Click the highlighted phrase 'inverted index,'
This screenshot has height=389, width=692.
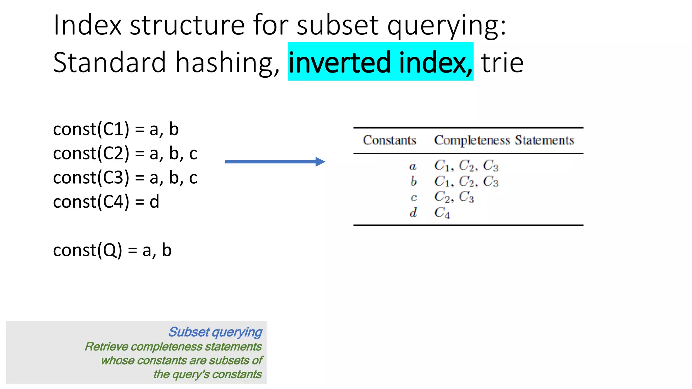380,62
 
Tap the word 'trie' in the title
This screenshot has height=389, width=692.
502,63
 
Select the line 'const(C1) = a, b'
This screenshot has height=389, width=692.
116,129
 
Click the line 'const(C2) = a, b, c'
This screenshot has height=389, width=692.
125,154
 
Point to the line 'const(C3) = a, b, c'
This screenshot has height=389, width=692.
125,178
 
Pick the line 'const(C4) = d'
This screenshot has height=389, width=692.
106,202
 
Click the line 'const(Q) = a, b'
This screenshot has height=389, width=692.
112,251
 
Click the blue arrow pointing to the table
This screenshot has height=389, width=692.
275,162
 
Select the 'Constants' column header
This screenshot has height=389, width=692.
389,140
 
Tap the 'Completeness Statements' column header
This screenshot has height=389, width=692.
504,140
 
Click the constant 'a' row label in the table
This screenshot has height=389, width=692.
413,166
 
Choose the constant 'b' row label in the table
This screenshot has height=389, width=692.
413,181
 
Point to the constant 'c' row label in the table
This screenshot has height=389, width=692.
413,198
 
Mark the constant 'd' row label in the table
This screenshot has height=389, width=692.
413,212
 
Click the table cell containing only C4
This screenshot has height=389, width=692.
442,213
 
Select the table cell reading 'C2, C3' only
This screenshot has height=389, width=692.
454,197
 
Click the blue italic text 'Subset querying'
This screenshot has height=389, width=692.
215,332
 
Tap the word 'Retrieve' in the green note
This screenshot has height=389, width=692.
106,347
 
